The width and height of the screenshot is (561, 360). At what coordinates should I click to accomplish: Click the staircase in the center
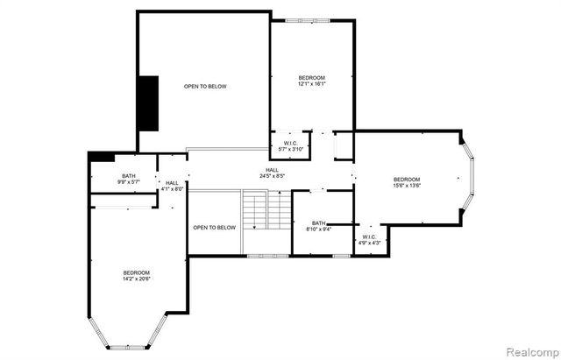coord(266,212)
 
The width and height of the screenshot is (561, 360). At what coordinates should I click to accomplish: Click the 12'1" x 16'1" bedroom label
coord(311,81)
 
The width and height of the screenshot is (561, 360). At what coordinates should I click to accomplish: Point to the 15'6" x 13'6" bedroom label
coord(406,182)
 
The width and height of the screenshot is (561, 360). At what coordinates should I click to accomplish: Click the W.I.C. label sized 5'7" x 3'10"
coord(290,146)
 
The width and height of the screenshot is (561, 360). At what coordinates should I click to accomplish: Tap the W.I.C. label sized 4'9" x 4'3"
coord(369,239)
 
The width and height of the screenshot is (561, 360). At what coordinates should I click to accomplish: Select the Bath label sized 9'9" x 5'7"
coord(129,180)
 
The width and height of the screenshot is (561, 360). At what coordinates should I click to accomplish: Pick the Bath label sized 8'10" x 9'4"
coord(317,226)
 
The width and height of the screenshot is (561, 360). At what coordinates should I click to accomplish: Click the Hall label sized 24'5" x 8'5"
coord(273,173)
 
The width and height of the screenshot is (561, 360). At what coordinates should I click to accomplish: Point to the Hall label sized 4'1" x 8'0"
coord(173,186)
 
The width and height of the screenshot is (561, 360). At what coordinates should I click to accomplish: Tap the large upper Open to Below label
coord(205,86)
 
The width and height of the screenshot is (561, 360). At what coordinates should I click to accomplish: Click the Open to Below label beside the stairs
coord(215,228)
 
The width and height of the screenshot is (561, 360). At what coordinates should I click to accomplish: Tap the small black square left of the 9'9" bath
coord(102,157)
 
